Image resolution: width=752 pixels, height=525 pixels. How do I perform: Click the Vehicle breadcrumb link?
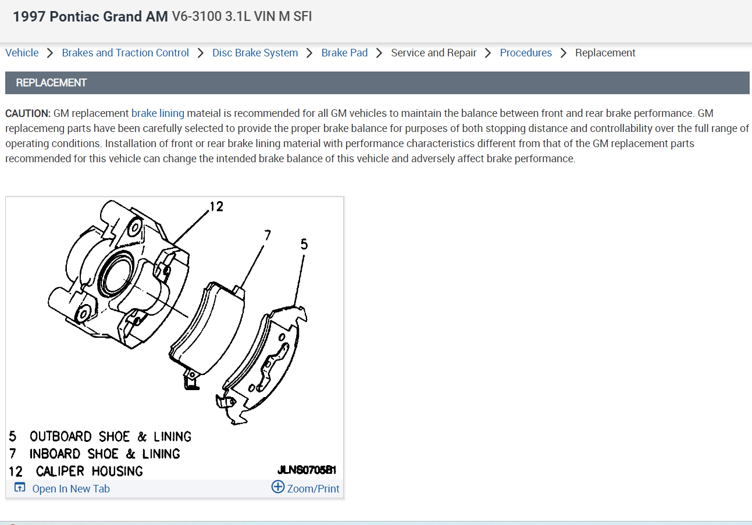22,53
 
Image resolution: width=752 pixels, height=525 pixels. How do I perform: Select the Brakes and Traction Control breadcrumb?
125,53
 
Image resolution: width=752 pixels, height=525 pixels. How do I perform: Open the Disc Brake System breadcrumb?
255,53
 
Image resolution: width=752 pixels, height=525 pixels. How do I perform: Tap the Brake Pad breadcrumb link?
344,53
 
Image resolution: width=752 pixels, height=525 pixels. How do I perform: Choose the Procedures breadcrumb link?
526,53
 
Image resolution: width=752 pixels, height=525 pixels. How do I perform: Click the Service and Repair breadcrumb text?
434,53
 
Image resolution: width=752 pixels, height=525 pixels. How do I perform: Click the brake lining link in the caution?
158,113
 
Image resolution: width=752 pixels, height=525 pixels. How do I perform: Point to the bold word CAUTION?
28,113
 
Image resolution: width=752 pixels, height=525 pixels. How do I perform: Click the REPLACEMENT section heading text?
51,83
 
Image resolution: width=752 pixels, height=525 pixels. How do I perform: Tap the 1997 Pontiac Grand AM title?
90,16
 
